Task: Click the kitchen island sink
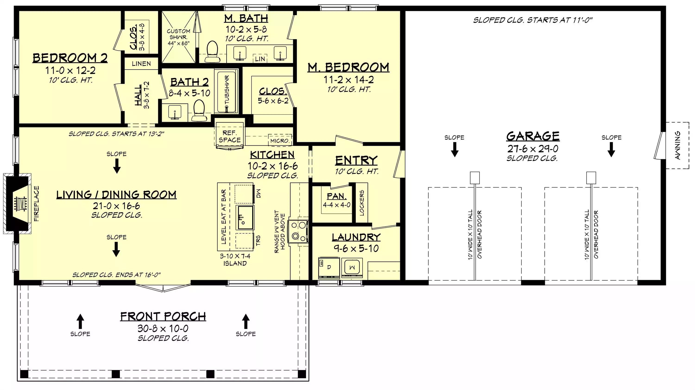pos(245,217)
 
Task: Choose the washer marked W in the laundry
pos(352,268)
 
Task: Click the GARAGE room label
pos(533,136)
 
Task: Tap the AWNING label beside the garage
pos(677,145)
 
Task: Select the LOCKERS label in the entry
pos(362,203)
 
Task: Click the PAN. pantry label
pos(336,196)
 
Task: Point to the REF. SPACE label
pos(230,136)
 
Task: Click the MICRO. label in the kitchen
pos(280,141)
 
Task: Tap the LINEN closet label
pos(141,64)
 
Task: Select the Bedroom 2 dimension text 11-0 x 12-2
pos(70,70)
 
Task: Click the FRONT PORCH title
pos(163,316)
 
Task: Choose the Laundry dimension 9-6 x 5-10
pos(356,248)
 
